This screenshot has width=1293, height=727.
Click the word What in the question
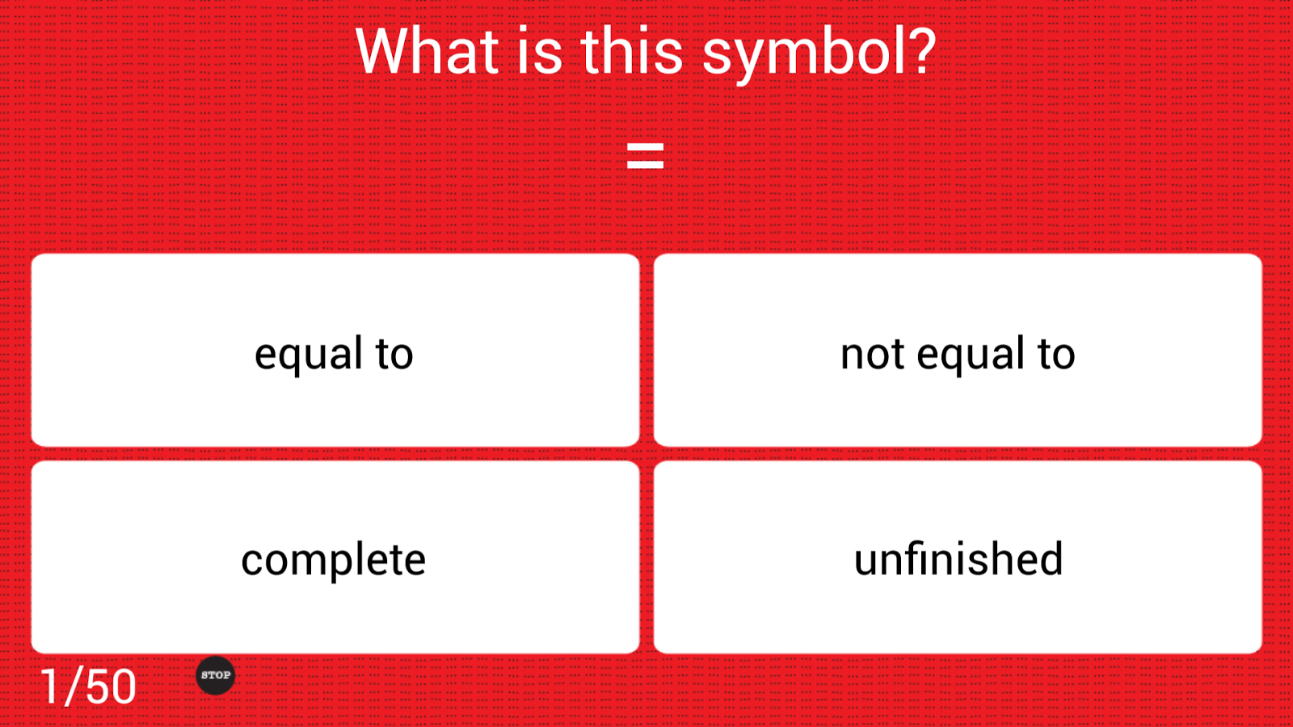click(427, 52)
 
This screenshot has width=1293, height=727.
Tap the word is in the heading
click(539, 52)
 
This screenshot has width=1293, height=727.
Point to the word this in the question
click(631, 52)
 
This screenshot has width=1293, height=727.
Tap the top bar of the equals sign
click(646, 147)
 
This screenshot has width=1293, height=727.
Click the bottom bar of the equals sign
click(646, 165)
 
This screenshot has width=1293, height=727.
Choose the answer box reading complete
click(335, 557)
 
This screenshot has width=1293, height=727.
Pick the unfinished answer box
click(958, 557)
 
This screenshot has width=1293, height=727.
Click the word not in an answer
click(872, 354)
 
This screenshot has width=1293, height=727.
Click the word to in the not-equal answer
click(1056, 354)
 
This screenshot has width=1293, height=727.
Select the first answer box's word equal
click(310, 355)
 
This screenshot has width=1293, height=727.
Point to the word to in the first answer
click(395, 354)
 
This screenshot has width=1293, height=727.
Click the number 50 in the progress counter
click(111, 687)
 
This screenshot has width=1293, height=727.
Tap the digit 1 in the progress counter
click(50, 687)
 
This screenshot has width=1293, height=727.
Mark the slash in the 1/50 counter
click(74, 686)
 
